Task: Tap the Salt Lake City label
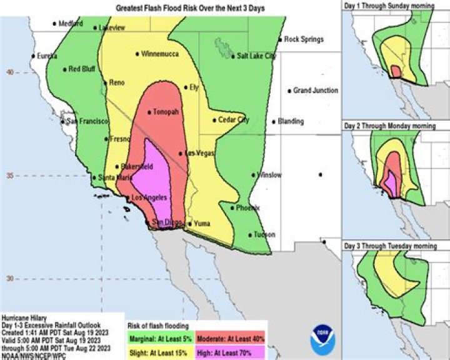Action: [255, 56]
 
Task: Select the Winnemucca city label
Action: [161, 54]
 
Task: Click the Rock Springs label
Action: [304, 39]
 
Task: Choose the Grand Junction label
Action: [316, 91]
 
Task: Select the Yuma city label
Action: [202, 223]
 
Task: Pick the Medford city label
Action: [70, 24]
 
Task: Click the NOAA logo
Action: [322, 340]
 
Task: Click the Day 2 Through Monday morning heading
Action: [389, 126]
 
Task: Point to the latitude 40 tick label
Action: [9, 72]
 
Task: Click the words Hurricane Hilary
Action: [24, 318]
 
